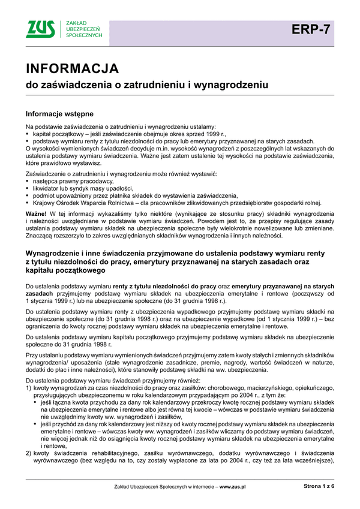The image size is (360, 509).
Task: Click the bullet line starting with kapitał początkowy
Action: [127, 135]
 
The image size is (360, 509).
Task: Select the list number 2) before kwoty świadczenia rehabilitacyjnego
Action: [29, 453]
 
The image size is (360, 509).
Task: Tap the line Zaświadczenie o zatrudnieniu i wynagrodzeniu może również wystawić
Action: [122, 173]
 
